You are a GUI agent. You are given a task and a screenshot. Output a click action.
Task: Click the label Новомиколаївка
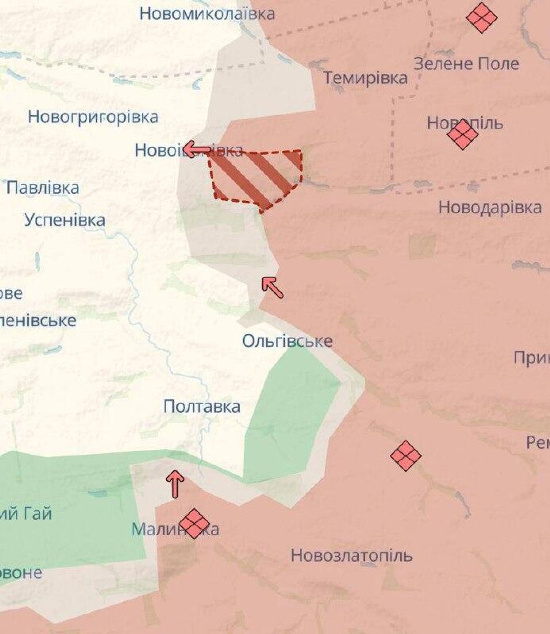207,14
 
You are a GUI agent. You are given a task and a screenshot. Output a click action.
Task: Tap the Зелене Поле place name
466,64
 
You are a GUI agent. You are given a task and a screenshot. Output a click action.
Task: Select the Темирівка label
365,78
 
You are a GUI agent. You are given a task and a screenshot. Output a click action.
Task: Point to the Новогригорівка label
93,117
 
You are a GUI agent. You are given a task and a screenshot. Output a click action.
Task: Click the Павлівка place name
43,188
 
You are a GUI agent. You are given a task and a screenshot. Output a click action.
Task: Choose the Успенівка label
65,220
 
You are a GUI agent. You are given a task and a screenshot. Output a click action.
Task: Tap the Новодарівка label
490,207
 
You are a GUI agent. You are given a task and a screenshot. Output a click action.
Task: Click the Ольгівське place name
287,341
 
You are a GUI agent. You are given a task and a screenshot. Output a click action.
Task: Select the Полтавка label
202,407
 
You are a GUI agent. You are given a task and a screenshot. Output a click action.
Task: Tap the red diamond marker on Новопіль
463,134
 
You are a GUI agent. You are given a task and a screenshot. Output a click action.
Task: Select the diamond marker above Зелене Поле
482,18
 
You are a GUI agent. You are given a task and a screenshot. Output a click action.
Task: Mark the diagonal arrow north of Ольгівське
272,286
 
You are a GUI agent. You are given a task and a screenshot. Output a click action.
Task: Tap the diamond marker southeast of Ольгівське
405,456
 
